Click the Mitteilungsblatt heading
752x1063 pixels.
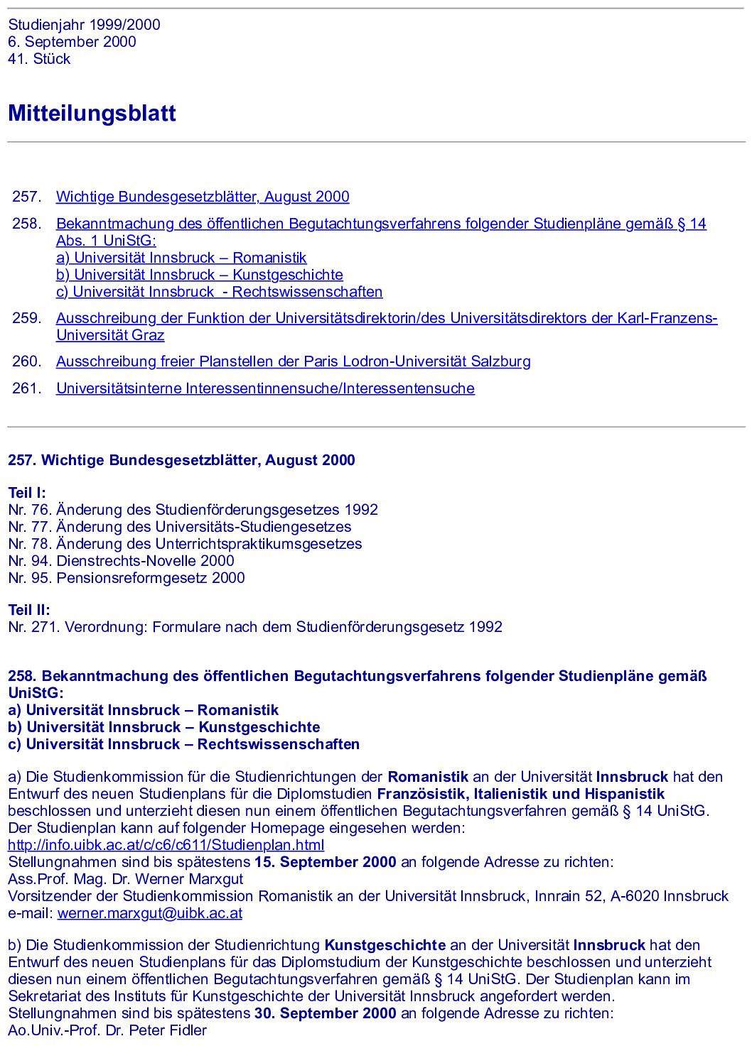click(92, 114)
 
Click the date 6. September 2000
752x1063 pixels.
click(72, 42)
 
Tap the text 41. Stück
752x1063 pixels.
click(39, 59)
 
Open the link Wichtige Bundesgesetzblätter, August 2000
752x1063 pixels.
click(203, 197)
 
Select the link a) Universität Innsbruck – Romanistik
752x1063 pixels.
click(181, 258)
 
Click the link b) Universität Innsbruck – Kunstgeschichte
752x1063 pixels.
click(199, 275)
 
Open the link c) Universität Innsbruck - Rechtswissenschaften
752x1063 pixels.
click(219, 292)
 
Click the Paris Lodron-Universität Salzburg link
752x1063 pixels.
click(293, 361)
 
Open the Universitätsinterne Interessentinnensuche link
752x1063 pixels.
click(265, 388)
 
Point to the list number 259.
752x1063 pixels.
click(27, 318)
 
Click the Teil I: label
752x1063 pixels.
click(27, 493)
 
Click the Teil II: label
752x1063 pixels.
click(29, 610)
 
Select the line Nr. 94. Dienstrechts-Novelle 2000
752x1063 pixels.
click(121, 561)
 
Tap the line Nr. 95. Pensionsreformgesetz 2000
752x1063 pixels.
click(127, 578)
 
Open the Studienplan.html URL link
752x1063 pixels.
click(166, 845)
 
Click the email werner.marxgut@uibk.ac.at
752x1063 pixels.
click(149, 913)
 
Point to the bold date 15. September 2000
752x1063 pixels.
click(325, 862)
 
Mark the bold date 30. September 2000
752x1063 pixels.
click(325, 1013)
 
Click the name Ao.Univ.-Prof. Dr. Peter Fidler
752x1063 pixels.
click(107, 1030)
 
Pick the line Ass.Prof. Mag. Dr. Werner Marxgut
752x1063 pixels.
click(126, 879)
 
